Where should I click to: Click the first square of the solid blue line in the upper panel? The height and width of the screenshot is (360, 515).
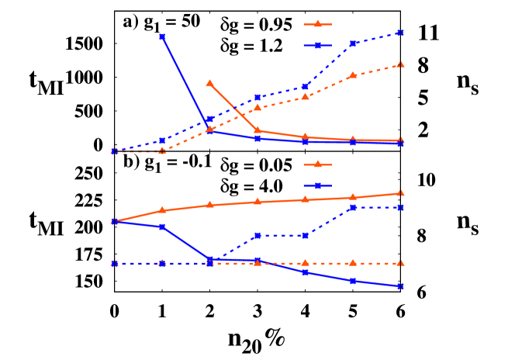162,37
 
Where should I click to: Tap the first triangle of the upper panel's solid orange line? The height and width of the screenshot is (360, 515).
209,83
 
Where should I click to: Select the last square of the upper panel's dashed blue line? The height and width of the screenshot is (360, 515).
400,33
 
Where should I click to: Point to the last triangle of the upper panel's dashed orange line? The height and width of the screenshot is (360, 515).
400,64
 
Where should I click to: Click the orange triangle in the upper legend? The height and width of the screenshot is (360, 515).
317,24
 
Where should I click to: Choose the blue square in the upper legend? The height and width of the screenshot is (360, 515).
317,46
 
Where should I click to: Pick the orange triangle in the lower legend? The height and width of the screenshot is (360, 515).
317,164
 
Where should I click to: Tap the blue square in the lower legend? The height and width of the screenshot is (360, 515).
317,186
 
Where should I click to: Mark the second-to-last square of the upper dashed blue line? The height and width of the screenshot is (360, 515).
353,43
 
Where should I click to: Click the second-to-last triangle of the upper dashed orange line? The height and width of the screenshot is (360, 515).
353,75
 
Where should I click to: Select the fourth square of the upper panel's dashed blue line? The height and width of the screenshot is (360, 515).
257,98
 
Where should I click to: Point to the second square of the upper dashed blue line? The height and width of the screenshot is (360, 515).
162,141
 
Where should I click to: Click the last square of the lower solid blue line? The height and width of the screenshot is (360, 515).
400,286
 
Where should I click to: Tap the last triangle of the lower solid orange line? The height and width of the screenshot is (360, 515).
400,193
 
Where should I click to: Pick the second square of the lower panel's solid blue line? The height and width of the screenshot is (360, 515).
162,227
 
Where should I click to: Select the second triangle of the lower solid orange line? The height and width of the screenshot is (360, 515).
162,210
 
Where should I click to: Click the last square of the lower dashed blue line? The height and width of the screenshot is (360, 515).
400,208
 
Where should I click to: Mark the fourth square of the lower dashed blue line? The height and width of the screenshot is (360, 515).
257,236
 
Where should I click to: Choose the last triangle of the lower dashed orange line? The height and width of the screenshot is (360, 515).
400,264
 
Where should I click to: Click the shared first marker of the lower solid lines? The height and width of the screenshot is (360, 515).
114,222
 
